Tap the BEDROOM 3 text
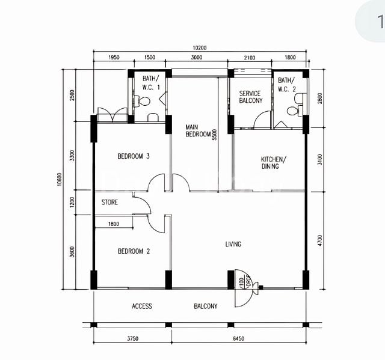pos(133,156)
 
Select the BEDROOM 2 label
pos(133,251)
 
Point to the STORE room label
pos(109,203)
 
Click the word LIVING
pos(233,244)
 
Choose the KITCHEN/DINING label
pos(274,163)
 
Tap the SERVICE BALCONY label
pos(251,97)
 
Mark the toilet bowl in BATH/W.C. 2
pos(293,111)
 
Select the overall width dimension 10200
pos(200,48)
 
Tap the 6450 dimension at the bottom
pos(238,339)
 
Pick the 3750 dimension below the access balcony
pos(132,339)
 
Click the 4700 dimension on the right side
pos(319,240)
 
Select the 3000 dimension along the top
pos(197,58)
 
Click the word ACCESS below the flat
pos(142,307)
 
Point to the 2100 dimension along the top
pos(250,58)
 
